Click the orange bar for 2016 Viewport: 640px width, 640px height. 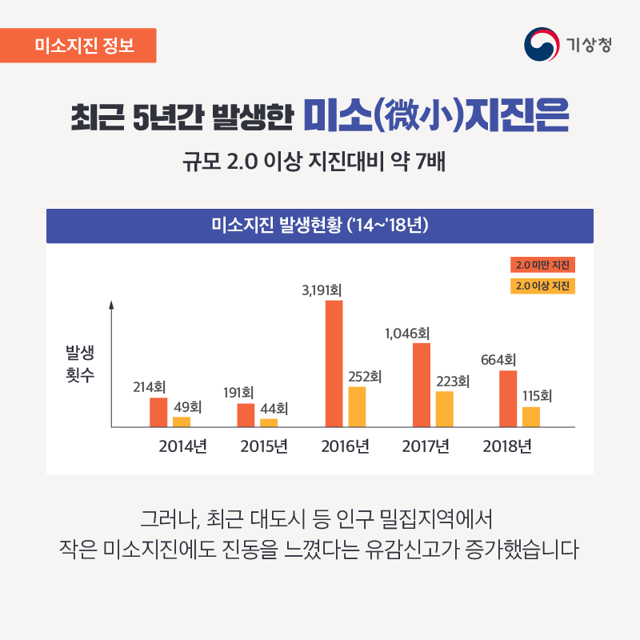click(334, 364)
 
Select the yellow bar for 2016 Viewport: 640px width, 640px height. click(357, 407)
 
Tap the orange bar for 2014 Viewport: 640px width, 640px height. click(158, 412)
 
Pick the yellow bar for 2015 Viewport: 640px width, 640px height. click(269, 423)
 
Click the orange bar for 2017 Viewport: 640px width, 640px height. click(422, 385)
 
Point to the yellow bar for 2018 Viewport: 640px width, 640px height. click(531, 417)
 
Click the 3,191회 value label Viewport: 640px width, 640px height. click(322, 290)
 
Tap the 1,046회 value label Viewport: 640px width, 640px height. click(407, 334)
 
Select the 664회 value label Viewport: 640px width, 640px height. click(498, 360)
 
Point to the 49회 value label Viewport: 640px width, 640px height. click(188, 407)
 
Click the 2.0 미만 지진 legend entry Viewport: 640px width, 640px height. click(542, 265)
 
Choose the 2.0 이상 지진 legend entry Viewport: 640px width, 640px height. click(542, 286)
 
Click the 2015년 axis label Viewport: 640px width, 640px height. click(264, 446)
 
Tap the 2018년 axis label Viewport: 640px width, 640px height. click(507, 446)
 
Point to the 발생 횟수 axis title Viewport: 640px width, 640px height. click(80, 364)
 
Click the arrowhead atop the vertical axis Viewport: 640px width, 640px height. click(111, 305)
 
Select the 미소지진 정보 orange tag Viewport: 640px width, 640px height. click(78, 46)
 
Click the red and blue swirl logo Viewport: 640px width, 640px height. click(542, 45)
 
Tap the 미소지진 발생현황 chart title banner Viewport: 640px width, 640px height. click(319, 226)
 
